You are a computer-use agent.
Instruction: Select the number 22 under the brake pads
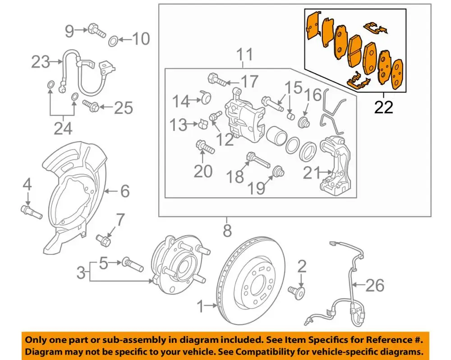point(383,107)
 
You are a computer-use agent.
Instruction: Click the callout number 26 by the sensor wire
point(375,285)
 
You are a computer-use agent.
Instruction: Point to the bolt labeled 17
point(217,82)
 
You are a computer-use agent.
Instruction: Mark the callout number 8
point(227,231)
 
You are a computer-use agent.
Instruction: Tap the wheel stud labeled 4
point(31,211)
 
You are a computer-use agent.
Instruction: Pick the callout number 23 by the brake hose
point(41,62)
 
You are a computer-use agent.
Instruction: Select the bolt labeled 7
point(103,240)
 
